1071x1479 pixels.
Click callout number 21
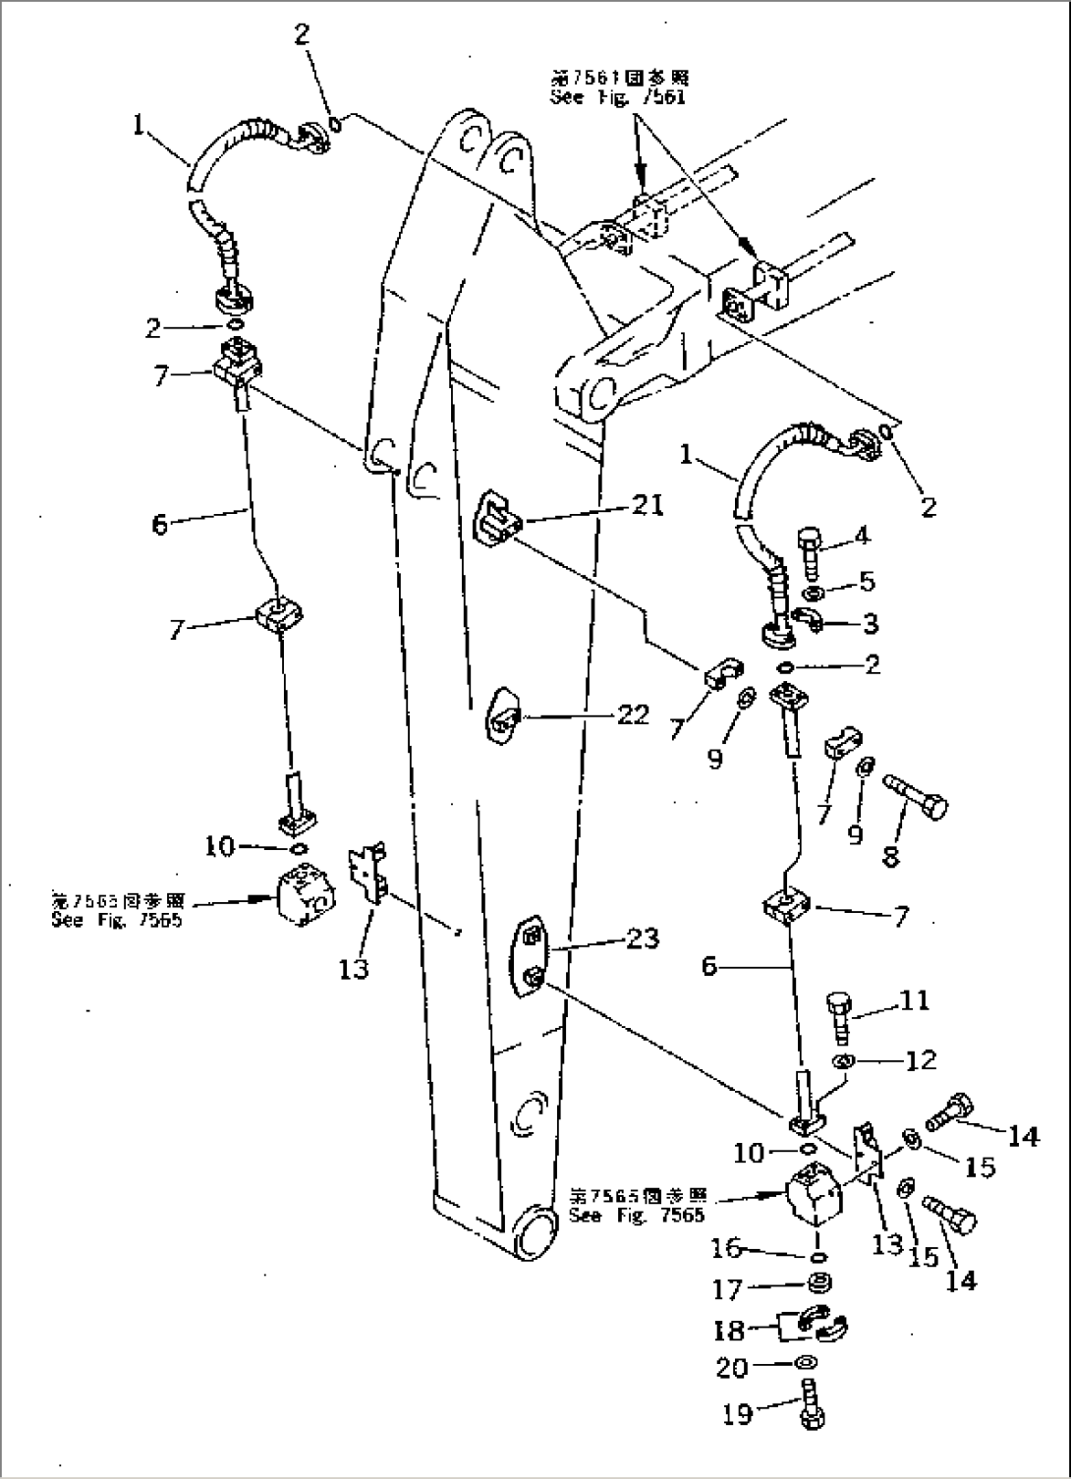point(647,506)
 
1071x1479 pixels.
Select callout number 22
point(634,715)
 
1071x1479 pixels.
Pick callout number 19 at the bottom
point(737,1415)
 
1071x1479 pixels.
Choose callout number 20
point(733,1367)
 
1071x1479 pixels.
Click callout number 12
point(921,1060)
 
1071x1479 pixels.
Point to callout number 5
point(866,583)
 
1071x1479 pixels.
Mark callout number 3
point(868,623)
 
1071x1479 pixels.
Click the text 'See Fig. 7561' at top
point(618,98)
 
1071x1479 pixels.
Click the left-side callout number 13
point(354,969)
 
